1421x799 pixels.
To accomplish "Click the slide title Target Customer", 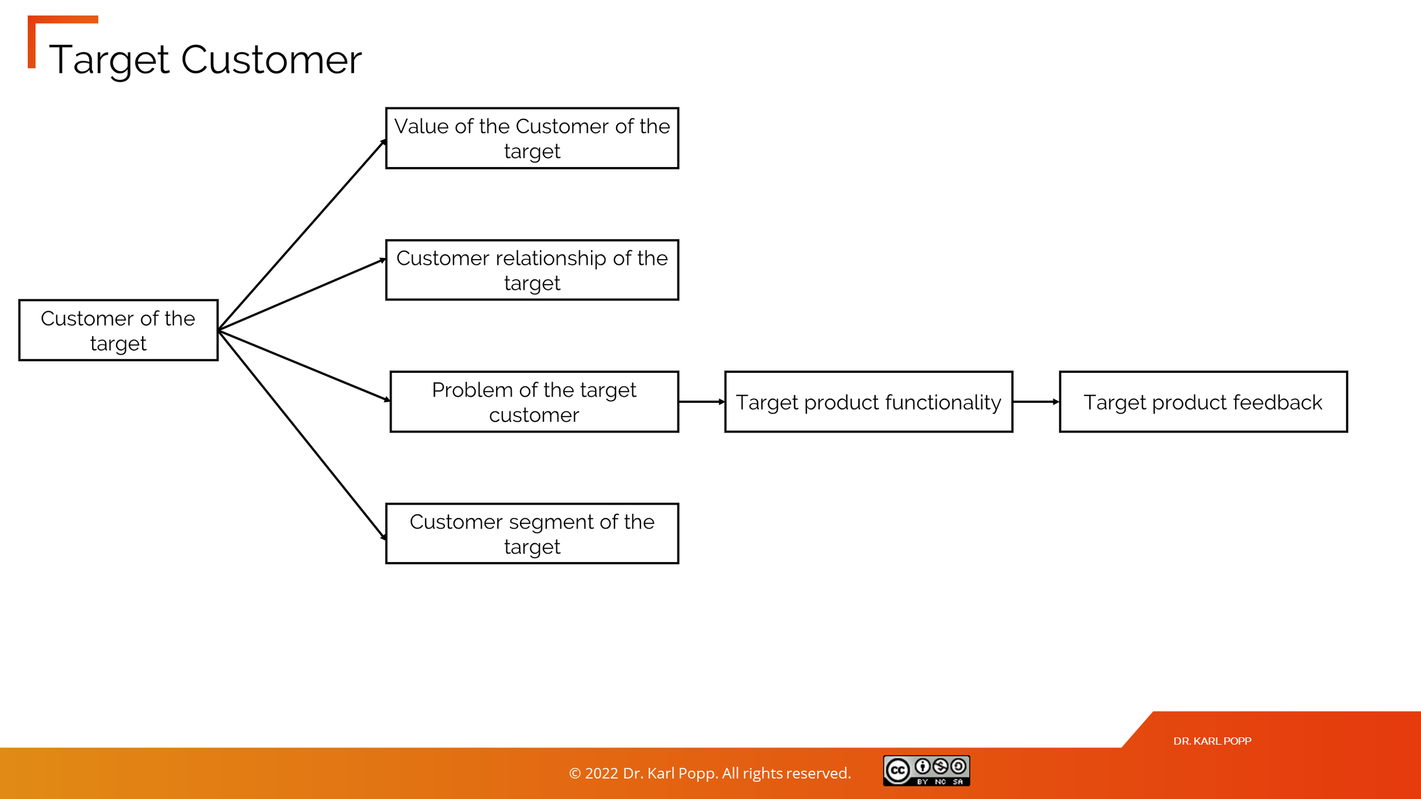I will pyautogui.click(x=205, y=60).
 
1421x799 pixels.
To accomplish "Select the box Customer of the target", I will pyautogui.click(x=118, y=330).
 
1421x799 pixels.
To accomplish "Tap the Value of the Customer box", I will pyautogui.click(x=532, y=138).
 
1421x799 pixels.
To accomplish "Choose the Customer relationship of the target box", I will pyautogui.click(x=532, y=270).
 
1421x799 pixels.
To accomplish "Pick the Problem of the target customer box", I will pyautogui.click(x=534, y=402).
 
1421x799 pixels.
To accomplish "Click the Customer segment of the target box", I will pyautogui.click(x=532, y=534).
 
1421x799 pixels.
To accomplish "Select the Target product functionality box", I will pyautogui.click(x=869, y=402).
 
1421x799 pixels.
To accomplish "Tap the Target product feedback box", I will pyautogui.click(x=1203, y=402).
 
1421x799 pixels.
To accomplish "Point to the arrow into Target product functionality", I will pyautogui.click(x=701, y=402).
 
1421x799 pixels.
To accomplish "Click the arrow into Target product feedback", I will pyautogui.click(x=1036, y=402).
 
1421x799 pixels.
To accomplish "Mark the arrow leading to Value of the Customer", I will pyautogui.click(x=302, y=235).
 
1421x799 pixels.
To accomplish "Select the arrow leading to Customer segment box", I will pyautogui.click(x=302, y=435).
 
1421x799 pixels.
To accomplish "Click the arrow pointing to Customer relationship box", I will pyautogui.click(x=302, y=294).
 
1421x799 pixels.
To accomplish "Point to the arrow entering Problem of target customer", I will pyautogui.click(x=304, y=366).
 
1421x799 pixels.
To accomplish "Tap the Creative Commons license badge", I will pyautogui.click(x=926, y=771).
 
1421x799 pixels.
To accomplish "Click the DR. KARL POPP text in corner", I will pyautogui.click(x=1212, y=741).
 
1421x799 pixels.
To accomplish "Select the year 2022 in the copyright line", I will pyautogui.click(x=601, y=773).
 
